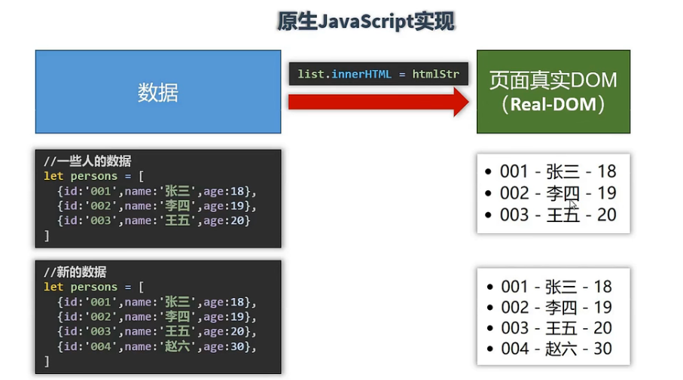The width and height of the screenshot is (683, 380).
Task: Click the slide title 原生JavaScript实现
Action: tap(366, 22)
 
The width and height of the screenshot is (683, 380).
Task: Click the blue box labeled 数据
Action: tap(158, 92)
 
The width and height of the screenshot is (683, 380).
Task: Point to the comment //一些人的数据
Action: tap(87, 161)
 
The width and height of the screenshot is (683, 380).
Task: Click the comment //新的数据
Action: tap(75, 272)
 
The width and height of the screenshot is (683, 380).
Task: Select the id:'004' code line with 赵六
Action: tap(157, 346)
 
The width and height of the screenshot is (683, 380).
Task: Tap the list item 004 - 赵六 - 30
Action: tap(556, 348)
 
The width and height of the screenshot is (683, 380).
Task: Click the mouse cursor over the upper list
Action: tap(574, 204)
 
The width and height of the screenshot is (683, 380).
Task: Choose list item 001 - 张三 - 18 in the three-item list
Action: tap(558, 172)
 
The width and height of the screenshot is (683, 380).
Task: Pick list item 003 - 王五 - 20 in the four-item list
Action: tap(556, 328)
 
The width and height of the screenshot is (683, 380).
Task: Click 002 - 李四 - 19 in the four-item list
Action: tap(556, 307)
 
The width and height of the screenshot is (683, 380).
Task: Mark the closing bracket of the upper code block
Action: tap(47, 236)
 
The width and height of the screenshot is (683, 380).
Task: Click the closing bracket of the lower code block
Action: tap(47, 361)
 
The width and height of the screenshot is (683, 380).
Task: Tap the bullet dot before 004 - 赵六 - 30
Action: tap(490, 349)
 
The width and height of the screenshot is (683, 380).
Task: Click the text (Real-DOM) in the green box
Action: tap(553, 105)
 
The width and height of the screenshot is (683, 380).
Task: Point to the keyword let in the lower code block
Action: tap(53, 287)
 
